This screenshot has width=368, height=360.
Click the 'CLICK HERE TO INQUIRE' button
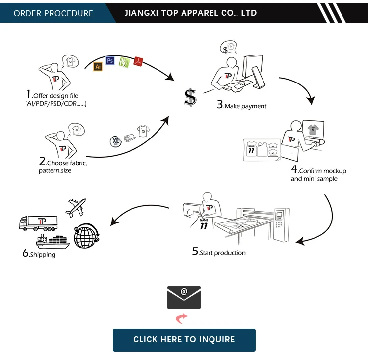[x=184, y=339]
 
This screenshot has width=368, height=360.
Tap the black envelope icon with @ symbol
[x=184, y=297]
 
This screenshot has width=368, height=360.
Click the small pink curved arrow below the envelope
[x=182, y=319]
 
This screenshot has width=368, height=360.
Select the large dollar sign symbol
[x=190, y=97]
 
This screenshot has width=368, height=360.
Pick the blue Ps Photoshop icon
[x=110, y=61]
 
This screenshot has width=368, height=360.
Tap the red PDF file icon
[x=138, y=62]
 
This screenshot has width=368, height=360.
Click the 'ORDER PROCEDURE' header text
[x=53, y=13]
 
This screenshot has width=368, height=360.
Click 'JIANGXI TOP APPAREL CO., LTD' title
[x=191, y=13]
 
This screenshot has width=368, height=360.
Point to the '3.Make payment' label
[x=242, y=105]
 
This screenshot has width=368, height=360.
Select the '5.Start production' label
[x=219, y=252]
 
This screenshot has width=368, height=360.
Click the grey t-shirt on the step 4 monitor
[x=313, y=129]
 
